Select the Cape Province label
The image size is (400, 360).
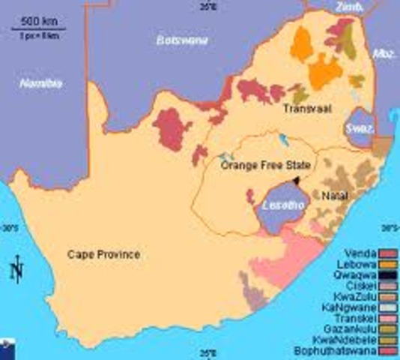[103, 255]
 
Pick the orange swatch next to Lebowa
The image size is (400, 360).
[387, 265]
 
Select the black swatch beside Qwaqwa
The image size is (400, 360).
[387, 275]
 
